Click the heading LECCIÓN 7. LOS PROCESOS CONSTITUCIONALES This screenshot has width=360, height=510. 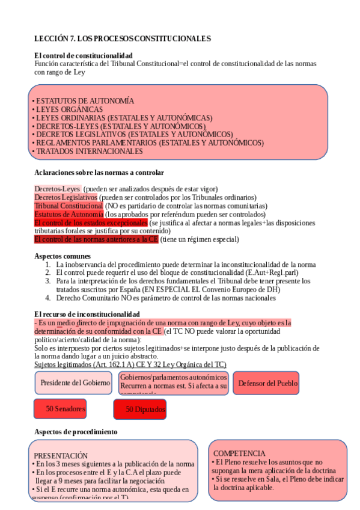pos(123,38)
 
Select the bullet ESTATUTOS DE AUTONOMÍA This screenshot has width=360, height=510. pos(85,100)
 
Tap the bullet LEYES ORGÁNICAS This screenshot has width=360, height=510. pos(69,109)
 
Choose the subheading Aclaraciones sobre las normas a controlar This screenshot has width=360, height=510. pos(99,173)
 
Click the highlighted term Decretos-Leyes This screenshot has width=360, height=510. pos(57,189)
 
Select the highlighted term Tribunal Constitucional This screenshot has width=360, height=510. pos(69,206)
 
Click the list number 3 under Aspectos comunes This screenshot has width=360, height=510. pos(48,281)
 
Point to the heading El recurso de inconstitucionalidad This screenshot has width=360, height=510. pos(87,314)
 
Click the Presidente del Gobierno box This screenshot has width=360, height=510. pos(75,382)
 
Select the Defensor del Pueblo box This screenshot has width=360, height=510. pos(266,383)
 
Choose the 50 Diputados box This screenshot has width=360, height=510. pos(139,410)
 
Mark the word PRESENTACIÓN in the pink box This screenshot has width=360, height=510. pos(61,456)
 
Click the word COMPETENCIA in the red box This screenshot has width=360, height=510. pos(239,453)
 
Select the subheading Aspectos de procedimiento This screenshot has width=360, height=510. pos(76,432)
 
